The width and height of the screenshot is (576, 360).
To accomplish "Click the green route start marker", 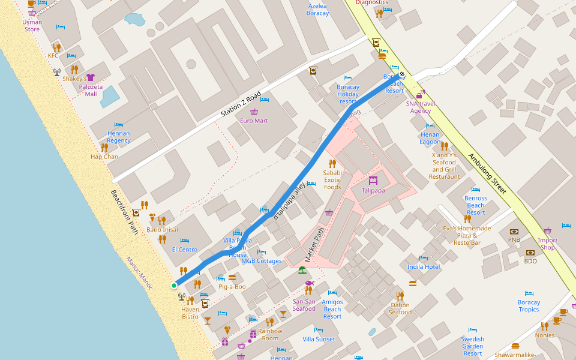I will click(174, 285).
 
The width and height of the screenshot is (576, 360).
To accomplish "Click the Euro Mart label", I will click(254, 121).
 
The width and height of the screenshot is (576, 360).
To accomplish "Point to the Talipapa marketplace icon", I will click(373, 180).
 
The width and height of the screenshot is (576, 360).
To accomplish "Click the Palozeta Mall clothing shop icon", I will click(91, 77).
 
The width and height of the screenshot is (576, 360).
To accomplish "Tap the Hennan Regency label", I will click(119, 137).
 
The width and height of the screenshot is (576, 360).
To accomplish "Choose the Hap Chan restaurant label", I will click(104, 157).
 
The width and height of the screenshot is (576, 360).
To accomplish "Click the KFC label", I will click(53, 56).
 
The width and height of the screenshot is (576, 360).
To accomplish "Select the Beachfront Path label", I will click(124, 212).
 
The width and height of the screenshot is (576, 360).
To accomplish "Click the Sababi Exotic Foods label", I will click(332, 179).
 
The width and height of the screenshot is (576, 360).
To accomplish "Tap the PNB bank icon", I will click(514, 232).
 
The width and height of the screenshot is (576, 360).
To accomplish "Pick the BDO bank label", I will click(530, 261).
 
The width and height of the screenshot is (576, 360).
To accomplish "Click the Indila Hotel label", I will click(424, 266).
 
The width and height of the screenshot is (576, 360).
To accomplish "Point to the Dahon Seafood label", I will click(400, 308).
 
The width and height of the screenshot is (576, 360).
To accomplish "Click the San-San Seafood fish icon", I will click(309, 283).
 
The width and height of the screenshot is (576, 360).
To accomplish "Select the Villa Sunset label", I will click(319, 339).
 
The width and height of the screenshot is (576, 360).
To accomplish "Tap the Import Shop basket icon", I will click(547, 231).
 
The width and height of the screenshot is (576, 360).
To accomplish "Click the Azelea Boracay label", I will click(317, 10).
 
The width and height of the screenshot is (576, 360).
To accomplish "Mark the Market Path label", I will click(314, 244).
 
